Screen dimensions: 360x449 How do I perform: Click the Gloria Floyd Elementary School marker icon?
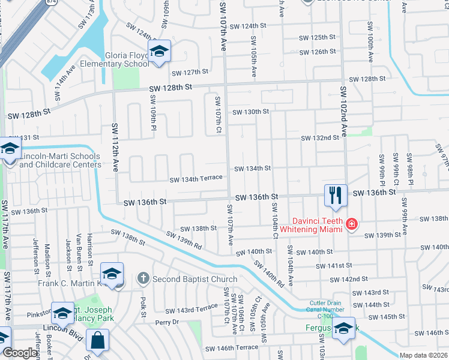[160, 52]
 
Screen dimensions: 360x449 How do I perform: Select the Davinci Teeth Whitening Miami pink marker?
[351, 225]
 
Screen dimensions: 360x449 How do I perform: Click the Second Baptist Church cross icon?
[143, 278]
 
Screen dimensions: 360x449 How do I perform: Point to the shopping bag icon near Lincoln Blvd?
[97, 340]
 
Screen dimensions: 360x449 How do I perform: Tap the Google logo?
[20, 353]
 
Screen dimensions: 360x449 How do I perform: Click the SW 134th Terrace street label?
[196, 178]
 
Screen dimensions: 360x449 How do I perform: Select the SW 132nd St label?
[320, 137]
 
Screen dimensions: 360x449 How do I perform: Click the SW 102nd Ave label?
[344, 112]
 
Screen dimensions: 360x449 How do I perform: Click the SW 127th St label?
[190, 73]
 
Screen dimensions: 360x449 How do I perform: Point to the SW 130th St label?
[251, 112]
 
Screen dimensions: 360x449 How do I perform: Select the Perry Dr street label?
[167, 322]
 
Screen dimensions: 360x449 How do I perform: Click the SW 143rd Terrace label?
[191, 309]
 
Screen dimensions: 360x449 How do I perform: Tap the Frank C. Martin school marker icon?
[112, 274]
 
